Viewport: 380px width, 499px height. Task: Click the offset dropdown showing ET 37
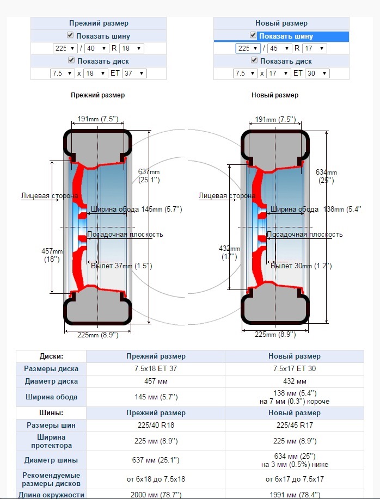(134, 73)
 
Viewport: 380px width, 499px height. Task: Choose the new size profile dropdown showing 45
(279, 48)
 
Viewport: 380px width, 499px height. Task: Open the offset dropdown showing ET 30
(317, 73)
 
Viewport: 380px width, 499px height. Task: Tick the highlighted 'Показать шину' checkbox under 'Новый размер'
(253, 35)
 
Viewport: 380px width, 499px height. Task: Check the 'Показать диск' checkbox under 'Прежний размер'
(71, 60)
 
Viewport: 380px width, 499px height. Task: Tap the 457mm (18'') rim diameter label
(52, 255)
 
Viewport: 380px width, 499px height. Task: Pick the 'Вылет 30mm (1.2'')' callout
(301, 266)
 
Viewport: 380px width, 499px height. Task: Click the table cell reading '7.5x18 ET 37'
(156, 369)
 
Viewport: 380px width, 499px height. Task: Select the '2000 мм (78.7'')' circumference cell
(156, 495)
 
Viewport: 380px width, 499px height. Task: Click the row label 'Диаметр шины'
(51, 460)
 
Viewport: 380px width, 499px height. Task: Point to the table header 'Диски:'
(51, 356)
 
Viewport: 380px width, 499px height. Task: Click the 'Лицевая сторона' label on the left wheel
(50, 195)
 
